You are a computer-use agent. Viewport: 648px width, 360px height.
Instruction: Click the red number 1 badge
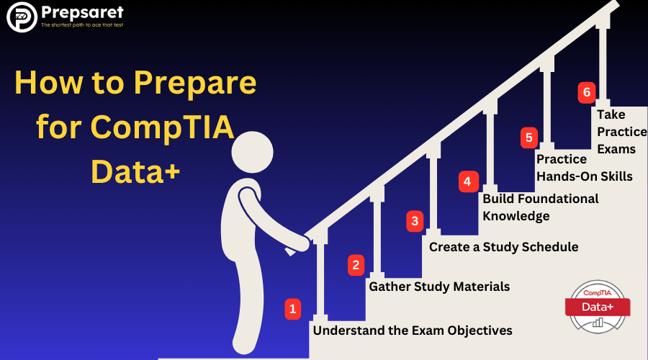click(x=292, y=309)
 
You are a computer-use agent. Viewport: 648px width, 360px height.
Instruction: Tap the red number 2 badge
click(x=356, y=265)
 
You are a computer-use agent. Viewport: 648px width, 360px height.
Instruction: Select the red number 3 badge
click(x=415, y=221)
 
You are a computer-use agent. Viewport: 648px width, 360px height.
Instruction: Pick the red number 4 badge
click(x=468, y=181)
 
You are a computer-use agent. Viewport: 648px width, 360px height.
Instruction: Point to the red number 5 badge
click(x=529, y=138)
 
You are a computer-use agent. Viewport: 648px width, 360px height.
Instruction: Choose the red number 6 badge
click(x=586, y=92)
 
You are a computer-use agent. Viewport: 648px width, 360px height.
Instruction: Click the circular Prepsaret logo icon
click(x=22, y=17)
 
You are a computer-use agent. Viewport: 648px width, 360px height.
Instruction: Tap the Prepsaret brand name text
click(x=82, y=13)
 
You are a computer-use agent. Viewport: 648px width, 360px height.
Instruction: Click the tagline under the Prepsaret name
click(x=82, y=25)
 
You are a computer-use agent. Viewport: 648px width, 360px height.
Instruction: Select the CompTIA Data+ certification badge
click(x=598, y=307)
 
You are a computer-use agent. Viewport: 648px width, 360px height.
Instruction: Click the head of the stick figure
click(x=252, y=152)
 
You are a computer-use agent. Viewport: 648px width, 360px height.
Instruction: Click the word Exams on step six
click(x=616, y=149)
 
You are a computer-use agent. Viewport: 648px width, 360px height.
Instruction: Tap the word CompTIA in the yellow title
click(x=162, y=127)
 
